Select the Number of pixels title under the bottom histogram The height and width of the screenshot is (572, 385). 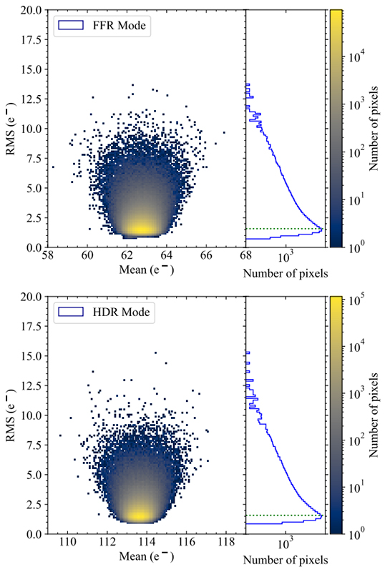(286, 558)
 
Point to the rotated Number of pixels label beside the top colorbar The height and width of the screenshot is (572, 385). (373, 128)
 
